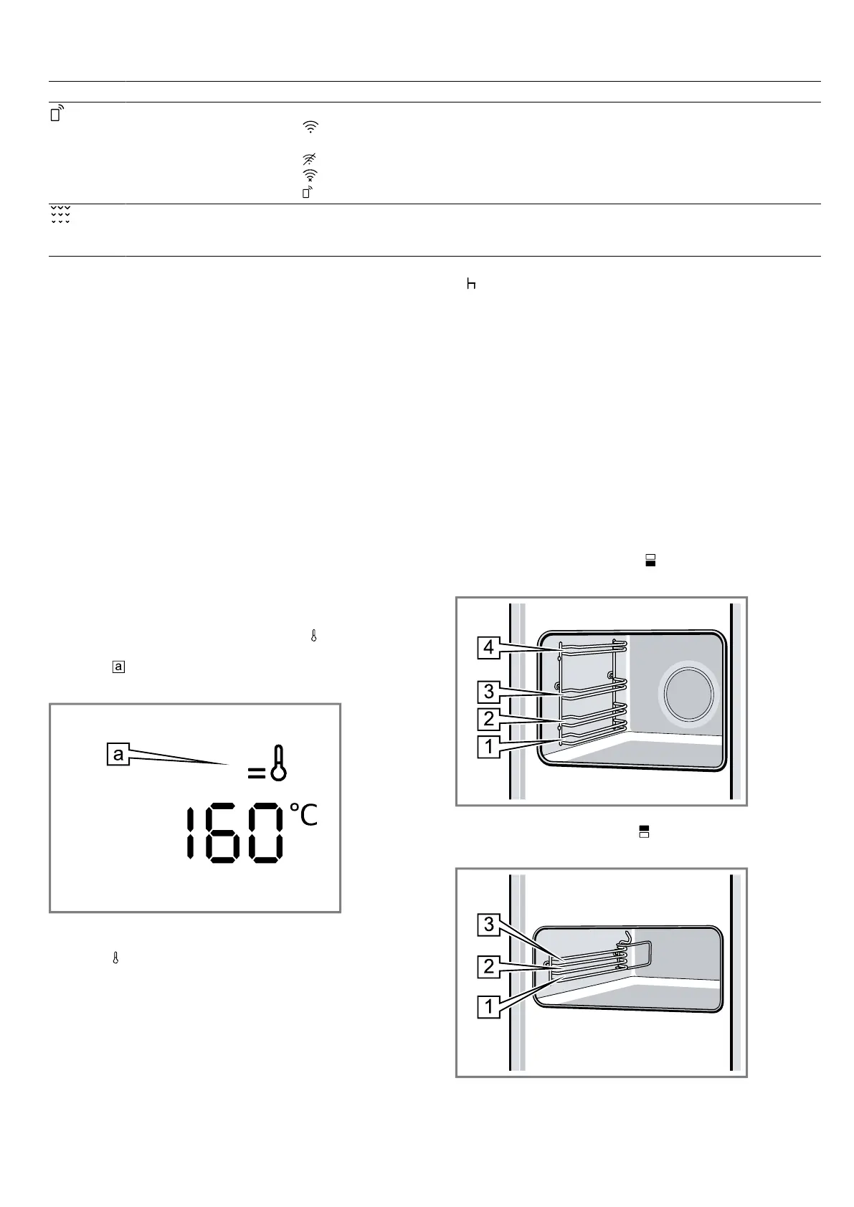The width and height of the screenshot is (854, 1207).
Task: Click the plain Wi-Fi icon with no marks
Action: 310,127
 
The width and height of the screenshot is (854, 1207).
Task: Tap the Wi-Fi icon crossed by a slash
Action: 310,159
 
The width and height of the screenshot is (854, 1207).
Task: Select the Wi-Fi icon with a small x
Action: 310,176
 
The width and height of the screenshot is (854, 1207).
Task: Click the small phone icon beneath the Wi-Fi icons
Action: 308,192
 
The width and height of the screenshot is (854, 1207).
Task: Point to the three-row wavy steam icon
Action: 60,214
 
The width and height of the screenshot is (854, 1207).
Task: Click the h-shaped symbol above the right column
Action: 471,284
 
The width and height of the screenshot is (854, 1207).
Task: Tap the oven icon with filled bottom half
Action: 650,560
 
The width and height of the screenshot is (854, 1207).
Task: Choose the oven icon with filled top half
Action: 644,831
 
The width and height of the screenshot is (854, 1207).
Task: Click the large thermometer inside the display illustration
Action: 278,763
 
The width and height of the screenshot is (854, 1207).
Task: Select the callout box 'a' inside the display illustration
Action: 118,754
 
